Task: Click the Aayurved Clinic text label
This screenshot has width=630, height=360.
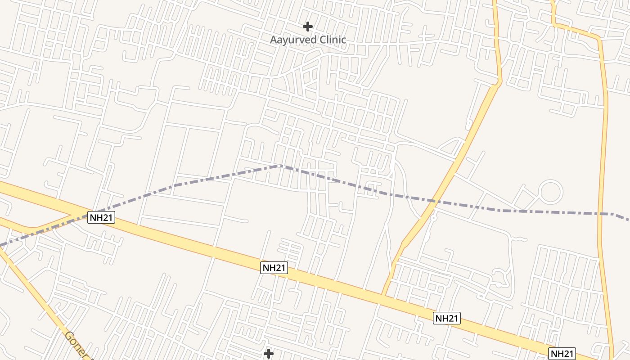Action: coord(308,40)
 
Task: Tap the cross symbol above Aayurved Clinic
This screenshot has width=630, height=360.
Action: coord(308,27)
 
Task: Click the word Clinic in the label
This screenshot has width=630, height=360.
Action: coord(333,40)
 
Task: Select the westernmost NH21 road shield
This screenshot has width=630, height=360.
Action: coord(101,218)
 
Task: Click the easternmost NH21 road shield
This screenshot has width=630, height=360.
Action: coord(562,353)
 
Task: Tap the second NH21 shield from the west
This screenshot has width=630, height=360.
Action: coord(274,267)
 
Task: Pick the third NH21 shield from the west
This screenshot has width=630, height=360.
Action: coord(447,318)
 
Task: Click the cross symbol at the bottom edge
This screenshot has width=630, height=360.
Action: coord(269,354)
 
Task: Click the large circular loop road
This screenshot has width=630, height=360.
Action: coord(551,191)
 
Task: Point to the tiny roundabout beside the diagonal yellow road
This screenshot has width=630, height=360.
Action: coord(433,218)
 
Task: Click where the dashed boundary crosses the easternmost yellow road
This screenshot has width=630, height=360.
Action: coord(601,213)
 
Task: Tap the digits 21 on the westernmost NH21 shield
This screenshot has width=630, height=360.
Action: coord(106,218)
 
